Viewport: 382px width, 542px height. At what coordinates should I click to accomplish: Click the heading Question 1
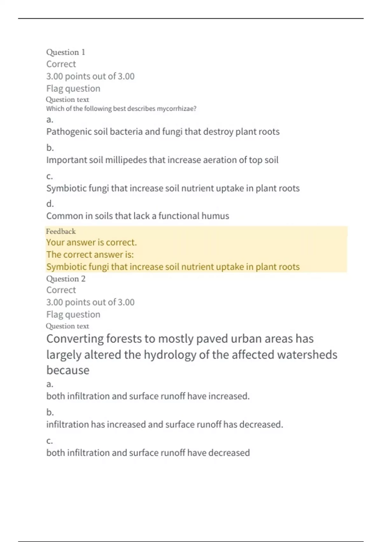click(66, 52)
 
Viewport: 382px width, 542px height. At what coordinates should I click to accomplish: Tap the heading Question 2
click(66, 279)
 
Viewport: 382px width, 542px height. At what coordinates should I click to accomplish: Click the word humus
click(217, 216)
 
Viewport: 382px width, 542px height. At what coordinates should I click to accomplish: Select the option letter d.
click(50, 203)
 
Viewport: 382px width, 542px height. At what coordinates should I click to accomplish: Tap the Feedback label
click(61, 231)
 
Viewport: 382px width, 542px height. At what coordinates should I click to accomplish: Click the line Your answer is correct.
click(91, 242)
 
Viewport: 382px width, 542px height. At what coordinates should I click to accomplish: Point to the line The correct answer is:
click(90, 254)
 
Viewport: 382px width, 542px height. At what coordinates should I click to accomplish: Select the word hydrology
click(170, 355)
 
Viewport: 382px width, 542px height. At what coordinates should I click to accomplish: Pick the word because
click(68, 370)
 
